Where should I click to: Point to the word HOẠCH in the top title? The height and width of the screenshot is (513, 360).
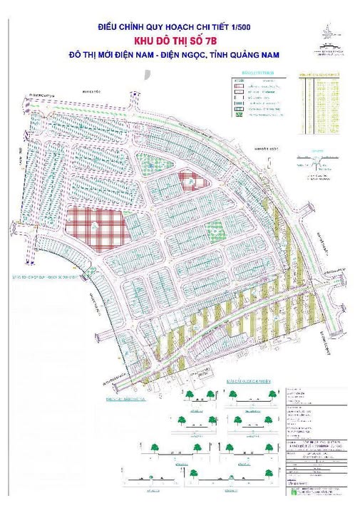185,28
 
